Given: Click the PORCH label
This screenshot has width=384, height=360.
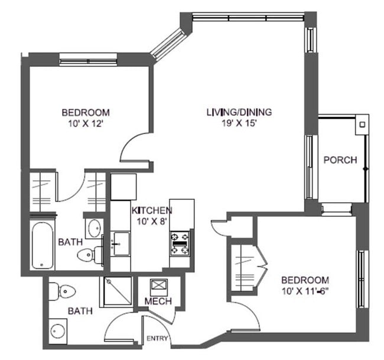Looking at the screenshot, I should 340,160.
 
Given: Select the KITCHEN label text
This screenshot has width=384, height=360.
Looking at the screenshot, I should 151,210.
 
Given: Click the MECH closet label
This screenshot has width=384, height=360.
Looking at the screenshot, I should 158,301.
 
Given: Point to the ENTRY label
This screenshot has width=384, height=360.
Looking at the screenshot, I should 158,339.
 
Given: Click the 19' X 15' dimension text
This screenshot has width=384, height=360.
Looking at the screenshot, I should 234,124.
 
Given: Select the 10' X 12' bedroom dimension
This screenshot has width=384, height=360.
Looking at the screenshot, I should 86,124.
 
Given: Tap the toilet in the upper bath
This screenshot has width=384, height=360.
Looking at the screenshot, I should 87,255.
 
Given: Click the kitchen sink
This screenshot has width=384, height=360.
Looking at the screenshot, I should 121,243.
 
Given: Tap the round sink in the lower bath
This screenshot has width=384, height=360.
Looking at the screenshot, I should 58,329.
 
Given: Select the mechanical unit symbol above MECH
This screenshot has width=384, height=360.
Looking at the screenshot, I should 158,286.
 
